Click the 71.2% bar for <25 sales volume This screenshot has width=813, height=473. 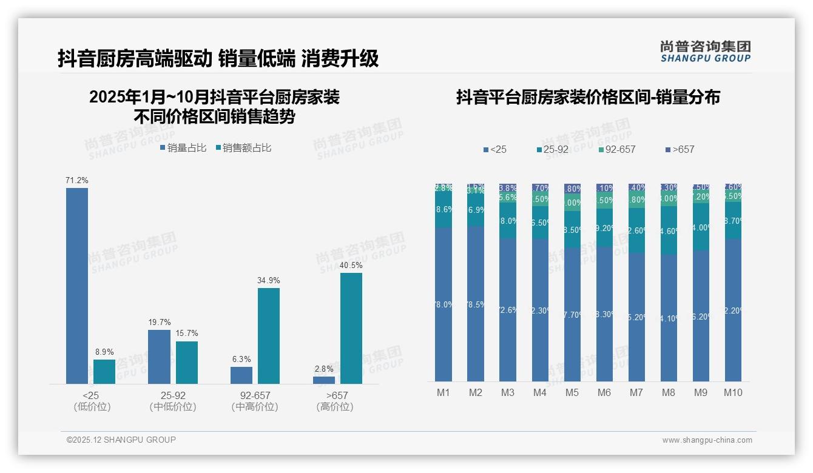tap(77, 286)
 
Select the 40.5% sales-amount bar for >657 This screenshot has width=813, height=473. tap(351, 328)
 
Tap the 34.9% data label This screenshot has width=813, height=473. tap(269, 281)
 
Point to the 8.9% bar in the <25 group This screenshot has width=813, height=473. tap(104, 371)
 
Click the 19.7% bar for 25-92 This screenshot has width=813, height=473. tap(159, 357)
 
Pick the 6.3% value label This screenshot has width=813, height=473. tap(241, 360)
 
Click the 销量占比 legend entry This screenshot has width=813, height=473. tap(183, 148)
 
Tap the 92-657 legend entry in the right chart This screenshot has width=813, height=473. tap(616, 149)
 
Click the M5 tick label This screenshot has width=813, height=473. tap(572, 392)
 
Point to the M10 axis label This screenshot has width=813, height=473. tap(733, 392)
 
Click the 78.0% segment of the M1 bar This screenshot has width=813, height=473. tap(444, 304)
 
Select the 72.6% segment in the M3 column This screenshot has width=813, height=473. tap(508, 310)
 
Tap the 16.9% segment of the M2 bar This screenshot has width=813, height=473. tap(476, 210)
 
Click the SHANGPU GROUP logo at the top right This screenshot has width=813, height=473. tap(706, 52)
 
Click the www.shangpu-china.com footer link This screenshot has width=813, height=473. tap(707, 440)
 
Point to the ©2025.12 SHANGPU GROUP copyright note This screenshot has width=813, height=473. tap(121, 440)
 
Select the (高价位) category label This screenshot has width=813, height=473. tap(335, 407)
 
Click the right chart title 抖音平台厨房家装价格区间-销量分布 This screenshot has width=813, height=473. tap(588, 98)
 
